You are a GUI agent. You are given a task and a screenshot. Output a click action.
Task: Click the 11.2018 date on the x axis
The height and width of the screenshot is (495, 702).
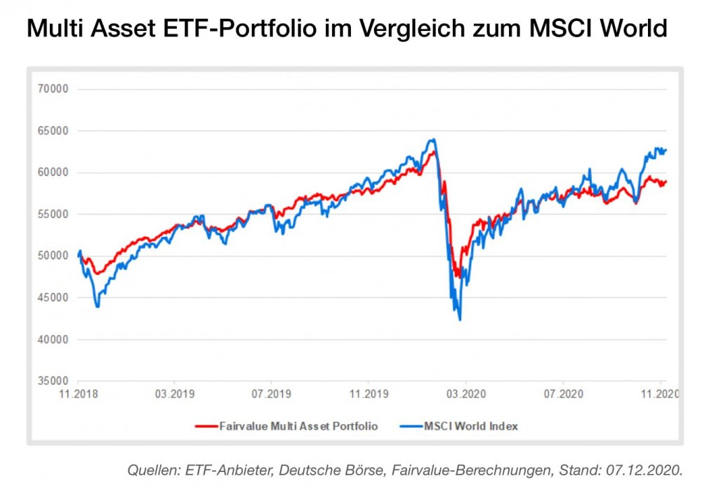click(77, 395)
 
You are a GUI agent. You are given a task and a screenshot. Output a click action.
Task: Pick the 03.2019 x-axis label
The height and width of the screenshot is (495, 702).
click(174, 395)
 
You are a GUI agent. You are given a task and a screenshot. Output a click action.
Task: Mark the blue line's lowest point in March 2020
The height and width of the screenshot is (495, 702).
click(460, 320)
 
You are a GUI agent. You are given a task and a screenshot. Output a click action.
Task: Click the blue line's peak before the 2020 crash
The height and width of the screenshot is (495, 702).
click(432, 140)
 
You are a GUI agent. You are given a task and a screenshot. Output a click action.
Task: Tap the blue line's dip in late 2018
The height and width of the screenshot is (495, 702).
click(97, 306)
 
